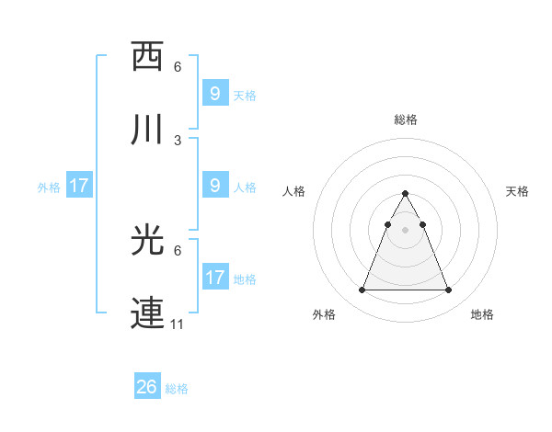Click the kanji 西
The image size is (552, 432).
tap(147, 56)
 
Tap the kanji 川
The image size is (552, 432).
tap(147, 130)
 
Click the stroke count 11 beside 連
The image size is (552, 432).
tap(178, 324)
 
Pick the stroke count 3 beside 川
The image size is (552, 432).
tap(178, 141)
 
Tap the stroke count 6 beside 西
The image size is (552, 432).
tap(178, 67)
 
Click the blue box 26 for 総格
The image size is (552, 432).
tap(147, 387)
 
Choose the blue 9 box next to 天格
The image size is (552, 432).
tap(214, 94)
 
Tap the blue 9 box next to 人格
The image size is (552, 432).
tap(214, 186)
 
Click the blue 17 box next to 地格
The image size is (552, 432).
tap(214, 278)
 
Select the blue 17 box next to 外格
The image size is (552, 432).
tap(79, 186)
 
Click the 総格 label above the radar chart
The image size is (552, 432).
tap(405, 119)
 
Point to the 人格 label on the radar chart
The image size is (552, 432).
tap(294, 191)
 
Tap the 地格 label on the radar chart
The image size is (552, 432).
tap(482, 314)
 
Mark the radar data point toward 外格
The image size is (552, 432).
tap(362, 290)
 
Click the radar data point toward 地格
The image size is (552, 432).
tap(448, 290)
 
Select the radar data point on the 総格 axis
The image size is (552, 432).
tap(405, 193)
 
